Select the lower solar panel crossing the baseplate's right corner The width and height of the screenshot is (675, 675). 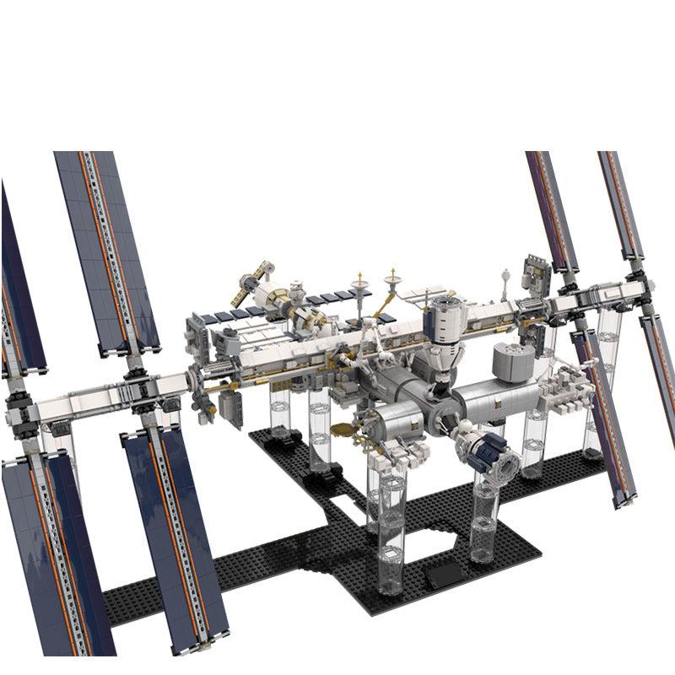click(x=601, y=413)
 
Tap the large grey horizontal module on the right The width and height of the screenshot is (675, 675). click(x=498, y=397)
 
